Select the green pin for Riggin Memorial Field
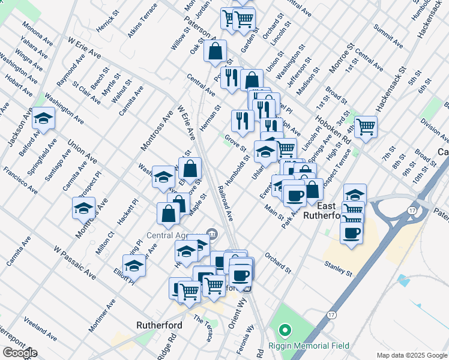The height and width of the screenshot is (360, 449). (x=285, y=331)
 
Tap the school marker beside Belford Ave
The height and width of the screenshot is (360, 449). (x=44, y=119)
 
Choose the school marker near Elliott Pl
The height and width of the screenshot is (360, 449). (x=134, y=266)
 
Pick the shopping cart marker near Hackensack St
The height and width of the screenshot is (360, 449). (x=366, y=127)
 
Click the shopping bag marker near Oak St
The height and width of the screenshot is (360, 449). (x=215, y=52)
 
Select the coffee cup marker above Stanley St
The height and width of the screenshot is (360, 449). (x=351, y=232)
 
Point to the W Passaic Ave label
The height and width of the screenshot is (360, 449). (x=74, y=262)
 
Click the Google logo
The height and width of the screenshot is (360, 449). (x=20, y=353)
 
